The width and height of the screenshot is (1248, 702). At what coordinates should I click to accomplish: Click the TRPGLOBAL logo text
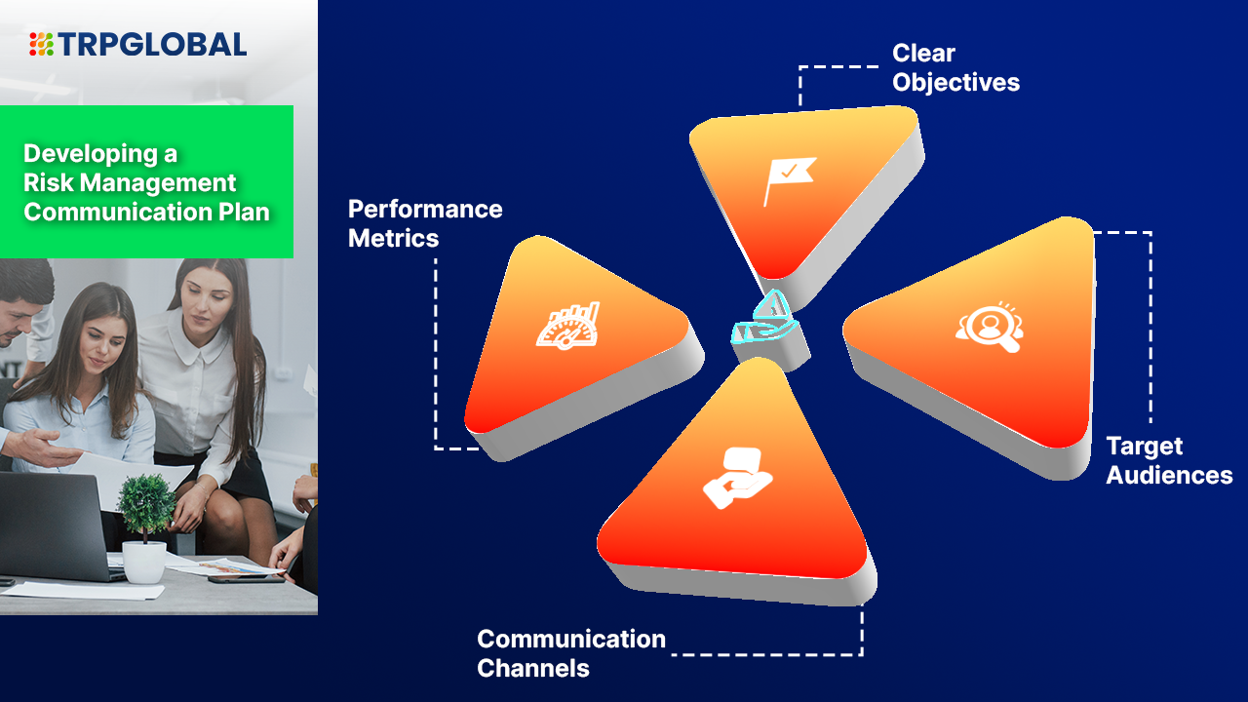(x=152, y=44)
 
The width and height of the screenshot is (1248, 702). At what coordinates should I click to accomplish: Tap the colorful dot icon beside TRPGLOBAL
(x=41, y=44)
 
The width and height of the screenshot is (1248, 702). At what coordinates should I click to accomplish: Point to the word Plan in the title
(x=245, y=212)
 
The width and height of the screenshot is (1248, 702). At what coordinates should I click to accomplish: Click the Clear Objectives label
(x=955, y=67)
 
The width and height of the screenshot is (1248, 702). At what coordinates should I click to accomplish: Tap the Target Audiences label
(x=1168, y=460)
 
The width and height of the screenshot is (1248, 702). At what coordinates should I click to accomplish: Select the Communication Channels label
(x=570, y=653)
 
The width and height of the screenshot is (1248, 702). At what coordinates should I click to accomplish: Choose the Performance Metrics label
(x=425, y=223)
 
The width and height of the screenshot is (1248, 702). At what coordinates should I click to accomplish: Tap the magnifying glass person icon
(x=988, y=328)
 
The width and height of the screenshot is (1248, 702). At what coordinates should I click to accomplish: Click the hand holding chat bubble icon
(x=737, y=477)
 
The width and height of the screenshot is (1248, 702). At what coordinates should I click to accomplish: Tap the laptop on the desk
(x=54, y=526)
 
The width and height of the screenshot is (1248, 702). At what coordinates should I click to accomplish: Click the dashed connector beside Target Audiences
(x=1150, y=327)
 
